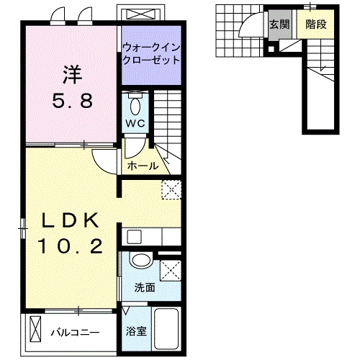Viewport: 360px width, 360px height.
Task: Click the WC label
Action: pyautogui.click(x=135, y=123)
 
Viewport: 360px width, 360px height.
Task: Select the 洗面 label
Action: pyautogui.click(x=144, y=287)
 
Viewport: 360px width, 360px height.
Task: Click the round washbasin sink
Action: pyautogui.click(x=141, y=261)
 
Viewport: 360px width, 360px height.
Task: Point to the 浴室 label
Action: pyautogui.click(x=135, y=332)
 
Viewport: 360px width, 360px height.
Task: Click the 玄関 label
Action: pyautogui.click(x=280, y=24)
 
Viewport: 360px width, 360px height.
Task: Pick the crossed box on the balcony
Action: pyautogui.click(x=37, y=333)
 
